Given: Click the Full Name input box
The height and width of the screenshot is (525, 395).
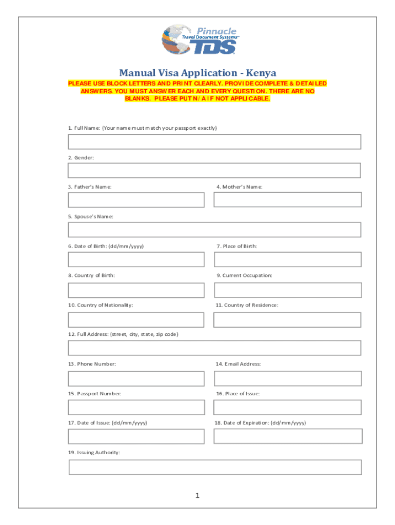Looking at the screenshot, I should pyautogui.click(x=214, y=142).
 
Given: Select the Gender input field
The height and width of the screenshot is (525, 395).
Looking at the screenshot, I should pyautogui.click(x=214, y=170).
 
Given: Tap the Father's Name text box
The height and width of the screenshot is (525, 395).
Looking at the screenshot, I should pyautogui.click(x=136, y=200).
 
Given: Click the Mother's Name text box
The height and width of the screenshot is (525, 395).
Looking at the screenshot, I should pyautogui.click(x=287, y=199).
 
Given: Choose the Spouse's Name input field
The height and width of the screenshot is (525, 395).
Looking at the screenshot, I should pyautogui.click(x=214, y=230).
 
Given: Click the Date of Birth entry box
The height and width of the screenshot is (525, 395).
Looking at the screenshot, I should pyautogui.click(x=136, y=259).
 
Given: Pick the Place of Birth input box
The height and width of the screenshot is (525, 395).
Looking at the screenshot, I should pyautogui.click(x=287, y=259).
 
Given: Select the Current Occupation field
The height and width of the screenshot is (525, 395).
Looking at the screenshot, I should pyautogui.click(x=287, y=290).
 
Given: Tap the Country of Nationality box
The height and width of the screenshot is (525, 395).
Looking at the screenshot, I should pyautogui.click(x=136, y=320).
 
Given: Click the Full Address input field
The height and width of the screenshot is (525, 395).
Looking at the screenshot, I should pyautogui.click(x=214, y=348).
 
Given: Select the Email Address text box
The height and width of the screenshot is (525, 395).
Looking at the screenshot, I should pyautogui.click(x=287, y=378).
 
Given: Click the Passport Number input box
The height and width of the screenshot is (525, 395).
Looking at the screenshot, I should pyautogui.click(x=136, y=408).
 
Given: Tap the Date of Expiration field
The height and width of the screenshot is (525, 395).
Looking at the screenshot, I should pyautogui.click(x=288, y=436).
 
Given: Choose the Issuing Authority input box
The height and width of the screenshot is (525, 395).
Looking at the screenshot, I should pyautogui.click(x=215, y=467).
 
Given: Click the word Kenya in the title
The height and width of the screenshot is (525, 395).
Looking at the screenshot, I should pyautogui.click(x=260, y=73).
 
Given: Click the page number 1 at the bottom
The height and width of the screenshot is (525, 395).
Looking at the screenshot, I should pyautogui.click(x=196, y=496).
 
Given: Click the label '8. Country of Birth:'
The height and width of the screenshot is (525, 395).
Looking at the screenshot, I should pyautogui.click(x=92, y=275).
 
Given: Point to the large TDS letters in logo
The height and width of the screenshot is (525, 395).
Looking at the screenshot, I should pyautogui.click(x=215, y=47).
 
